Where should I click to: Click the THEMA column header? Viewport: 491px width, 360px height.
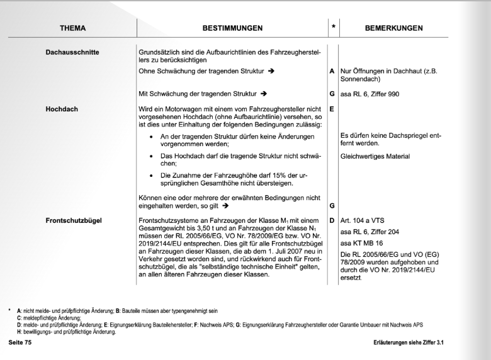tap(73, 28)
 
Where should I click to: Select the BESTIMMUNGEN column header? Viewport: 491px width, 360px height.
tap(233, 28)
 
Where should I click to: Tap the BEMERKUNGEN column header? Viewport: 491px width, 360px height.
tap(394, 28)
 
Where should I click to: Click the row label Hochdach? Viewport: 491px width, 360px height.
tap(62, 109)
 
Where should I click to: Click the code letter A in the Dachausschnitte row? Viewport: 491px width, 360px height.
tap(332, 72)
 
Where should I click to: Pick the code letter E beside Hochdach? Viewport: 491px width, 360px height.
tap(332, 109)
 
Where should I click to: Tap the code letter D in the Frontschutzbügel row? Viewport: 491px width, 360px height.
tap(332, 221)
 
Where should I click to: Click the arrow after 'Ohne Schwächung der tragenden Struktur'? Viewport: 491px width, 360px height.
tap(271, 72)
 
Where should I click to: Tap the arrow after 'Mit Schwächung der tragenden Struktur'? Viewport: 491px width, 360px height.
tap(264, 94)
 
